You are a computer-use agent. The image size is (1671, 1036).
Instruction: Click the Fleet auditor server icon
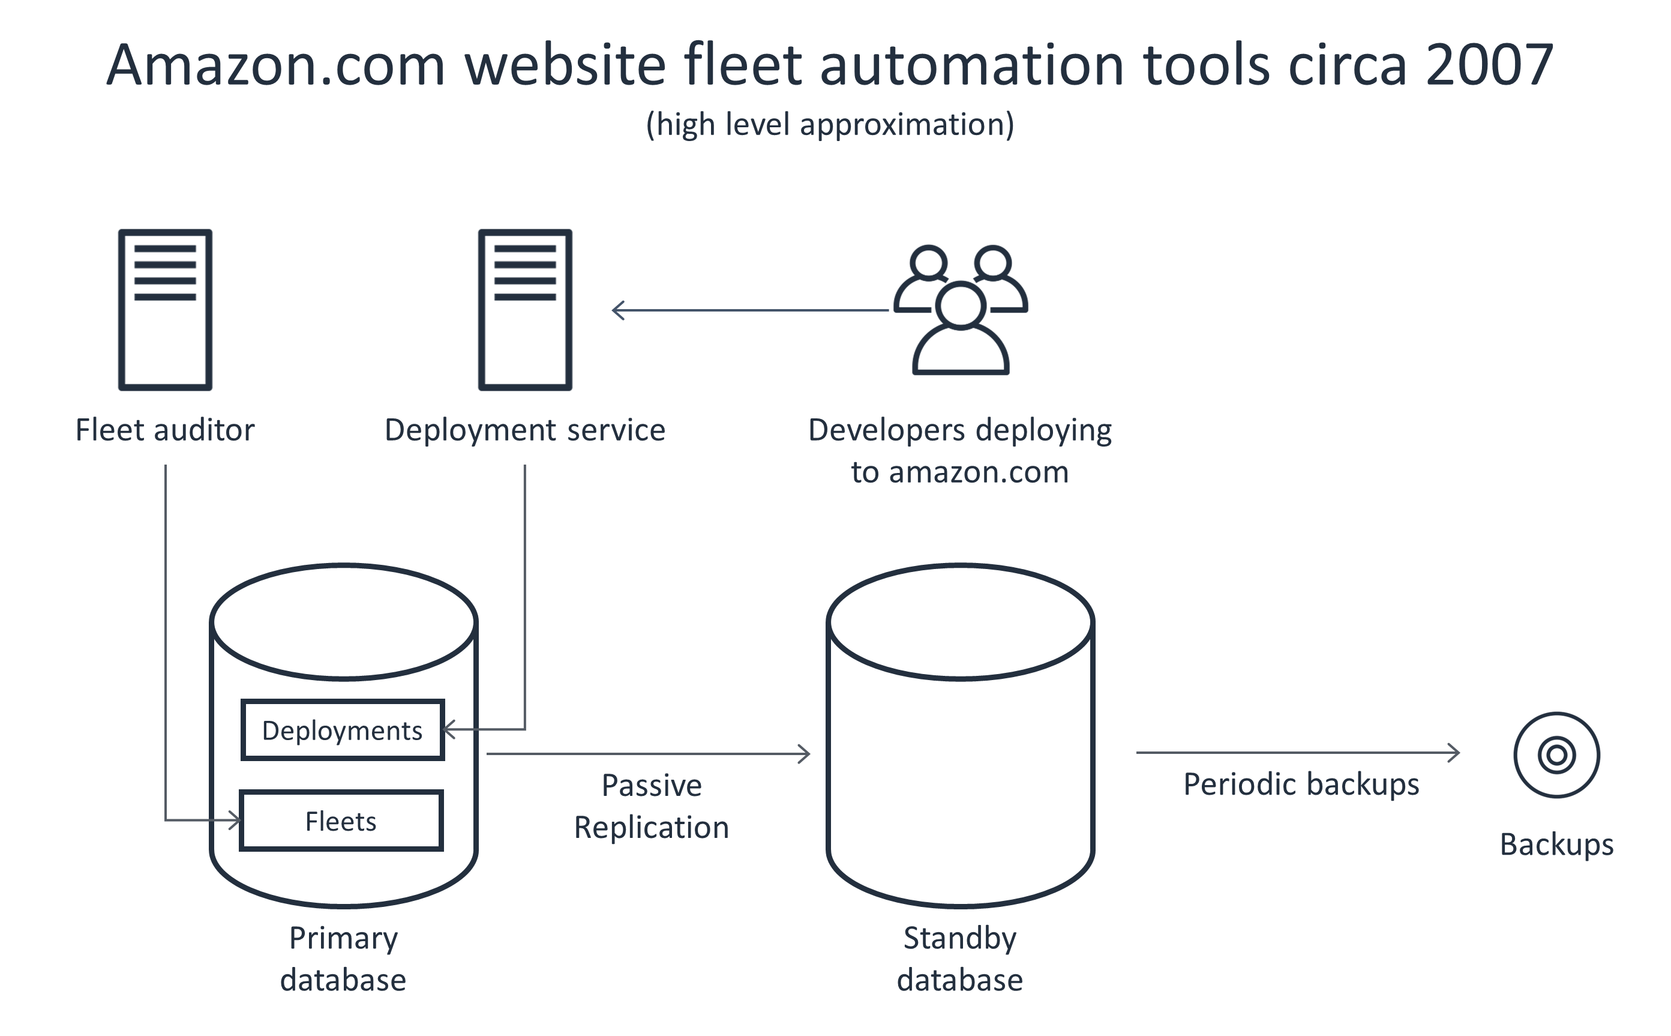[165, 310]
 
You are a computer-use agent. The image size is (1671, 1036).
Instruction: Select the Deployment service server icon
[524, 310]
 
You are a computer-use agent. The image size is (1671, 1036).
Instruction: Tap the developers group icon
[960, 310]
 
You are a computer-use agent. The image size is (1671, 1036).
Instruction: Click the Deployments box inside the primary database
[343, 730]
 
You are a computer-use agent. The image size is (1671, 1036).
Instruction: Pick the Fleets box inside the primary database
[341, 821]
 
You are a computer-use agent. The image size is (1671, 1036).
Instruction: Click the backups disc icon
[1556, 755]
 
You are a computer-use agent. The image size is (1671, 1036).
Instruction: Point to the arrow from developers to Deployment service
[750, 310]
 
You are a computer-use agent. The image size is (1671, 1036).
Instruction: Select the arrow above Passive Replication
[648, 754]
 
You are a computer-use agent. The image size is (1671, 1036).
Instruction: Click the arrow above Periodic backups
[1298, 752]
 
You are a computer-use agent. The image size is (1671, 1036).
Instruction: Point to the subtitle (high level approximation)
[830, 125]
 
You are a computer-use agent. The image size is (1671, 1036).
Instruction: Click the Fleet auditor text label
[165, 430]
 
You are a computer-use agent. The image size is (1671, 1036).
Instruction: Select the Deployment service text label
[524, 430]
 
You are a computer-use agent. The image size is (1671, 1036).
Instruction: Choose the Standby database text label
[959, 959]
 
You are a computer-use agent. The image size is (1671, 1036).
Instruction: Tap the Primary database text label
[343, 959]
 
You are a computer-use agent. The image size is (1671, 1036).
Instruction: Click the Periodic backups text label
[1301, 784]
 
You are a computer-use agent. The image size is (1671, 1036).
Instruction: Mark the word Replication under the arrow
[651, 828]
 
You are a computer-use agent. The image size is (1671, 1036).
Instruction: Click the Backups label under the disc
[1556, 844]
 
